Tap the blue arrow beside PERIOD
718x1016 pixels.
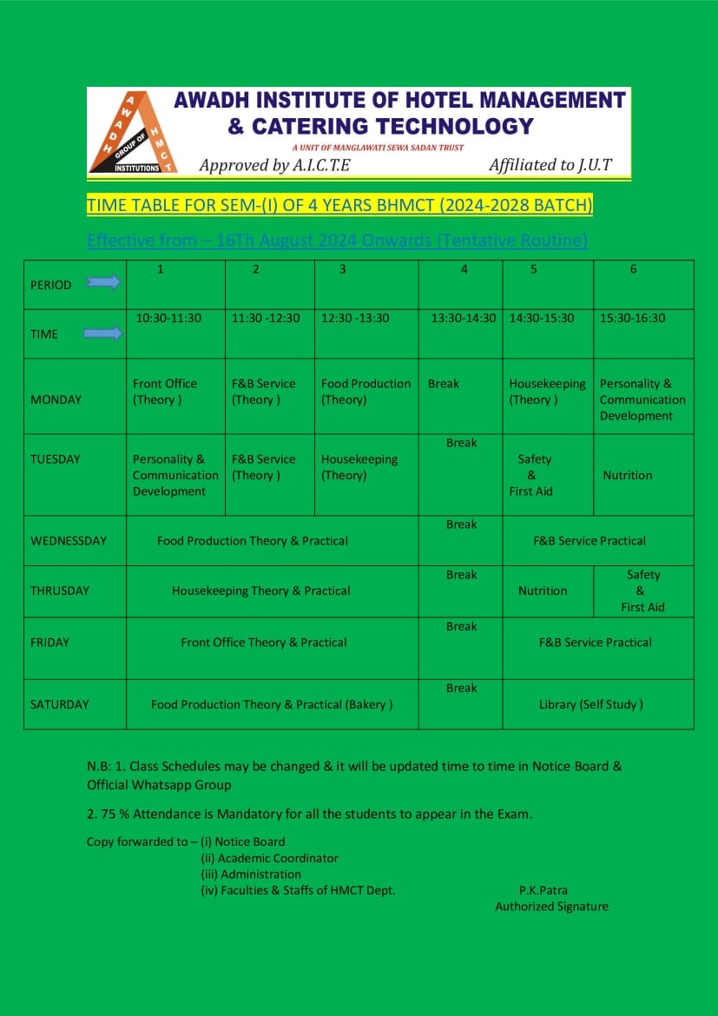tap(103, 281)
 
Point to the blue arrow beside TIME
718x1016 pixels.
tap(103, 333)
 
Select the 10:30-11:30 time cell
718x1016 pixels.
tap(168, 318)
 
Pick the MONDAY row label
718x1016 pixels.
tap(56, 399)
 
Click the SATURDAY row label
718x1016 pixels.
tap(59, 704)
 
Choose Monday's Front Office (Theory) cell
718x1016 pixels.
tap(165, 392)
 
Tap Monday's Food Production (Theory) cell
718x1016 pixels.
tap(366, 392)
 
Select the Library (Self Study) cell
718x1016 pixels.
tap(590, 704)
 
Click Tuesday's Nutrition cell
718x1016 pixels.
tap(627, 475)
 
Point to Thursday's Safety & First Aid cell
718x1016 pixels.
tap(642, 590)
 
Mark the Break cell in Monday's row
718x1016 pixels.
tap(444, 383)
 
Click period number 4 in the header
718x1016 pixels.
tap(464, 269)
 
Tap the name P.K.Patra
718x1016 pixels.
tap(543, 890)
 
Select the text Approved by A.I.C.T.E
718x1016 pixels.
tap(274, 165)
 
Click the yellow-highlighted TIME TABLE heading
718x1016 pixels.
tap(339, 205)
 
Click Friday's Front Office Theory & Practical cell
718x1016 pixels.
tap(263, 643)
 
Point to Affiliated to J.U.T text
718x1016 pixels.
tap(551, 165)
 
